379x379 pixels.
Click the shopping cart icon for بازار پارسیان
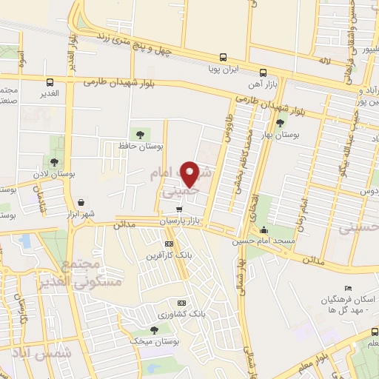pyautogui.click(x=178, y=209)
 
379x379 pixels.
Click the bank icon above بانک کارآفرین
pyautogui.click(x=169, y=244)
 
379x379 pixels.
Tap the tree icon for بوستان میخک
pyautogui.click(x=155, y=329)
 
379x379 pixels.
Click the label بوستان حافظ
pyautogui.click(x=141, y=146)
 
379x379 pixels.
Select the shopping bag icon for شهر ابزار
pyautogui.click(x=80, y=201)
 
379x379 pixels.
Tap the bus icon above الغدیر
pyautogui.click(x=50, y=82)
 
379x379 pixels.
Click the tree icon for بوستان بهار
pyautogui.click(x=279, y=124)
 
